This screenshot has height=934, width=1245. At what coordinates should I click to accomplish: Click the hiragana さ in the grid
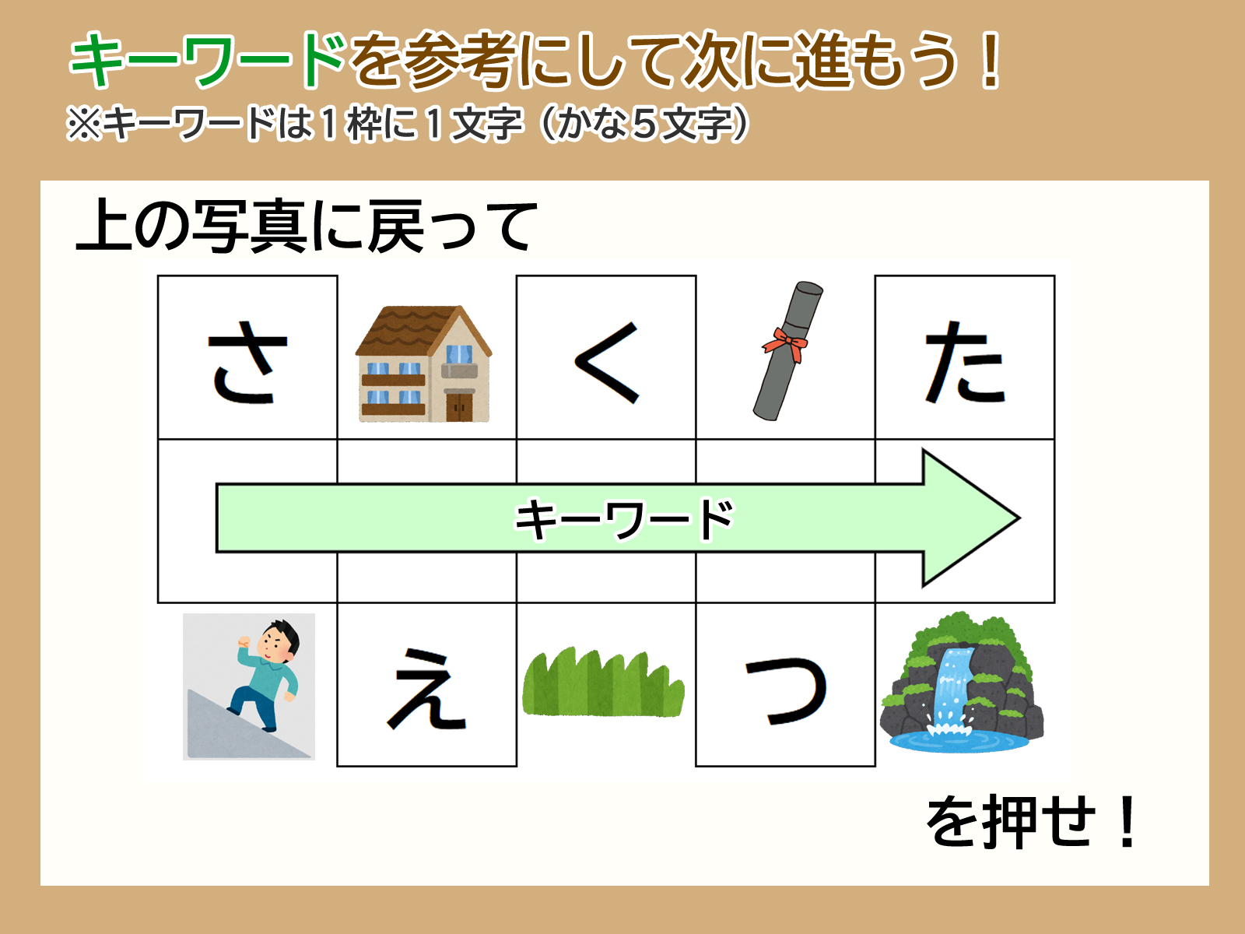coord(248,362)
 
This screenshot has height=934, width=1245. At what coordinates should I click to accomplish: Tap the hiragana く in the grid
coord(607,363)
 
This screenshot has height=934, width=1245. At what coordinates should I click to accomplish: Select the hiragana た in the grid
coord(965,362)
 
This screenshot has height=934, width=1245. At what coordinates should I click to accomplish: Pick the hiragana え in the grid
coord(426,689)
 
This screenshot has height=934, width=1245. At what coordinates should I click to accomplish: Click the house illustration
coord(424,363)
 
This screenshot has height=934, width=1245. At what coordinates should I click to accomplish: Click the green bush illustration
coord(603,682)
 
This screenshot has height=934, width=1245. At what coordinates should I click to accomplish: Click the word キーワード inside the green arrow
coord(624,518)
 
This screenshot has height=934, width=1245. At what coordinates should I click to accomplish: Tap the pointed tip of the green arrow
coord(1019,518)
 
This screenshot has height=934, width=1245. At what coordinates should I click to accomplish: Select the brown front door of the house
coord(459,407)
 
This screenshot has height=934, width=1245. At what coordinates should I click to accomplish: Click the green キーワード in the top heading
coord(208,60)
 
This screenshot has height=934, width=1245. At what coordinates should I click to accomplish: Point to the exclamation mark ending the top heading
coord(991,60)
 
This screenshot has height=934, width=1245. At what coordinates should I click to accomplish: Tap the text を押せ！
coord(1031,822)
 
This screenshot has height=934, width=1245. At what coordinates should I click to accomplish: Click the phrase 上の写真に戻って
coord(307,226)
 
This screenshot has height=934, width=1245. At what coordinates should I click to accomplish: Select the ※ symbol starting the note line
coord(84,124)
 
